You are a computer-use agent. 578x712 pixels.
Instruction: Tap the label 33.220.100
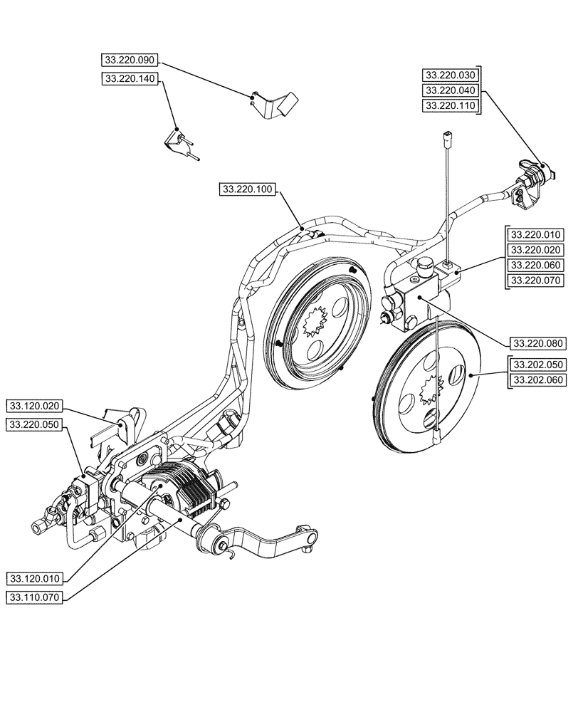pyautogui.click(x=247, y=189)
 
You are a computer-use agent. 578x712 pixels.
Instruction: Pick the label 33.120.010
pyautogui.click(x=36, y=577)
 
